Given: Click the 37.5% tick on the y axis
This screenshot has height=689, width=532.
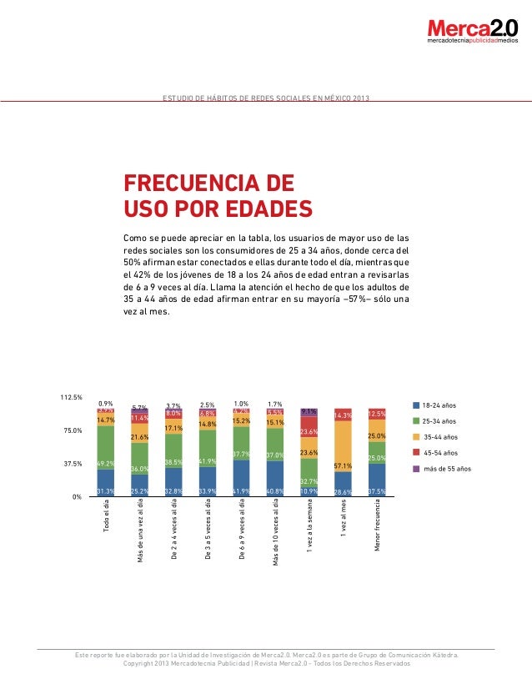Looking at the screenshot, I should pos(73,464).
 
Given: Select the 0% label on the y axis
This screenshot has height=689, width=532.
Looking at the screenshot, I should pos(76,497).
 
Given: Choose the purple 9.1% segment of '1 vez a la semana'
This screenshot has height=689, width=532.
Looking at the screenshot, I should pos(308,412).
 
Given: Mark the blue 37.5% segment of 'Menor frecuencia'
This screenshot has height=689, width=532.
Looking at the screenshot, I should pos(376,480).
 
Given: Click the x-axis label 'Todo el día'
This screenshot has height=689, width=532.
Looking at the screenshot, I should pos(106,516).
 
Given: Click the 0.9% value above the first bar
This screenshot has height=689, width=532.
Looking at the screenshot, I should pos(106,403).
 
